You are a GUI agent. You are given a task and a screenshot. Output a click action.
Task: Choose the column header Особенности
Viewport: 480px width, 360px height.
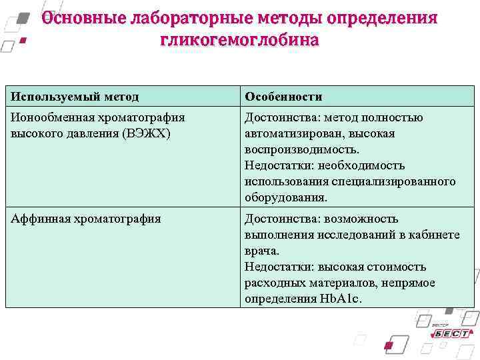point(283,97)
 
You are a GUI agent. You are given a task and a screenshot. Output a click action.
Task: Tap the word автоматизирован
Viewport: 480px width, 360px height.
point(291,134)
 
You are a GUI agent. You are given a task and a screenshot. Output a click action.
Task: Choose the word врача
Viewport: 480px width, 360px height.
point(261,251)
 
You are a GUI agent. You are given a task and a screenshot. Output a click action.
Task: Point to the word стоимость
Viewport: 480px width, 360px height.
point(395,267)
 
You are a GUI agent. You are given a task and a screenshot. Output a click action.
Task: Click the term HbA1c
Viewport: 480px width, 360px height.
point(339,299)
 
